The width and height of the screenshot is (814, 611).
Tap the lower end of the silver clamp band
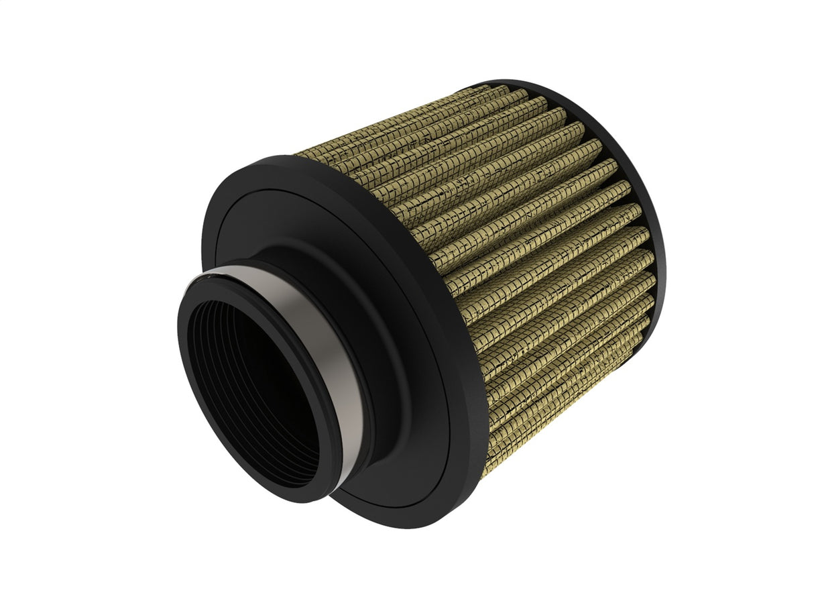[349, 469]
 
